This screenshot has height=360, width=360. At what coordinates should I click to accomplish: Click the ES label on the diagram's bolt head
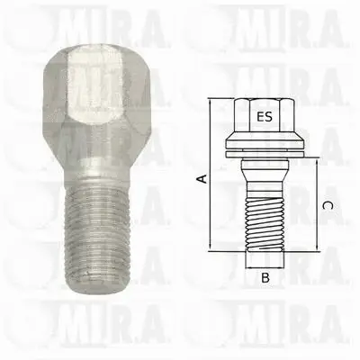point(263,117)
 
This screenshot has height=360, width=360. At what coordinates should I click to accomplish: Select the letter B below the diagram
point(265,278)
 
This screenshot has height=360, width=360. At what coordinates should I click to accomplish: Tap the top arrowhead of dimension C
point(317,160)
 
